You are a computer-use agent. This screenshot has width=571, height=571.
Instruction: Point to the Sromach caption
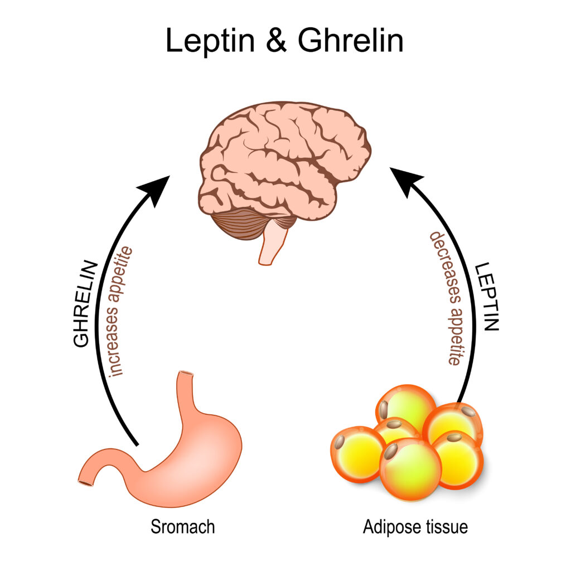click(182, 526)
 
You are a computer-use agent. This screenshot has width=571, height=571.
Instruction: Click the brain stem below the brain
click(274, 245)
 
